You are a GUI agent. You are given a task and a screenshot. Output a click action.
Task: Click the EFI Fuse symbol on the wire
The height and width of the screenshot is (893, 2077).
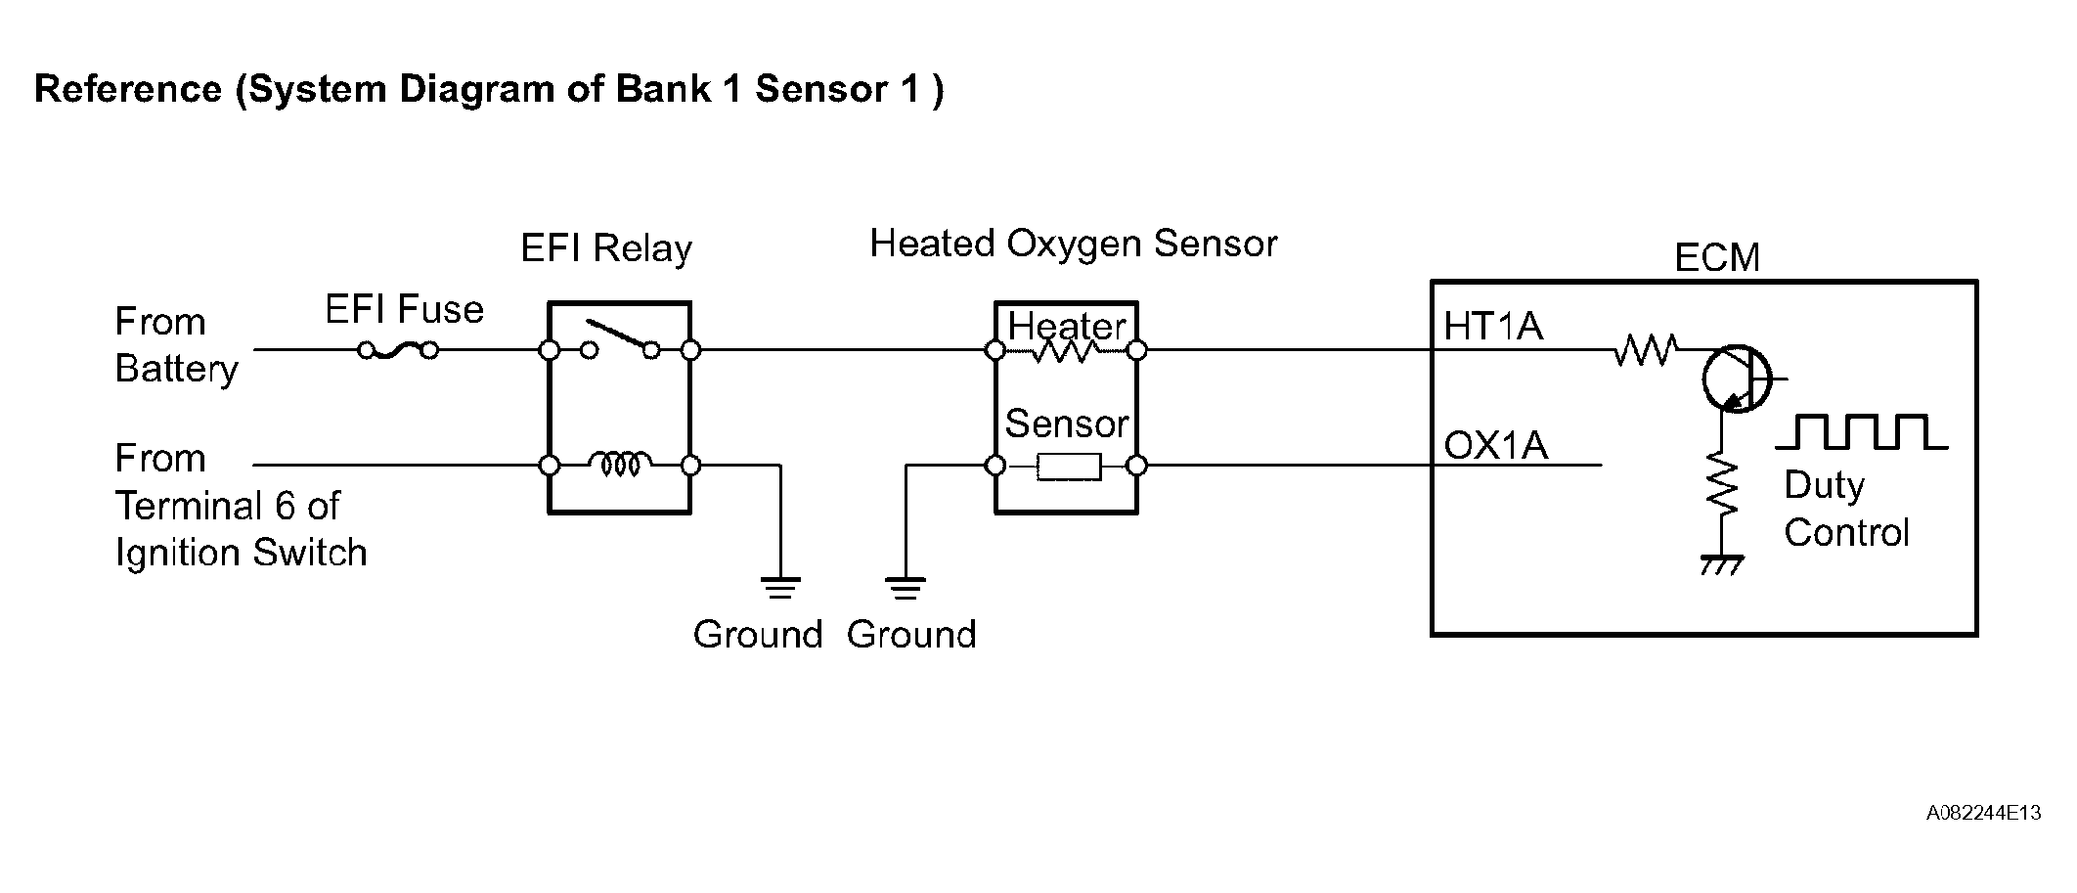397,350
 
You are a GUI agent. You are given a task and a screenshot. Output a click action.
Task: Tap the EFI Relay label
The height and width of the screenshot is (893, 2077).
606,248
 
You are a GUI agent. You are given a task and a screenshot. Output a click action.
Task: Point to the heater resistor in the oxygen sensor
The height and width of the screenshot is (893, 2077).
1065,350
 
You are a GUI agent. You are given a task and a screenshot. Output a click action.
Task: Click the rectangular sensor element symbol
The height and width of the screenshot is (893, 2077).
1069,467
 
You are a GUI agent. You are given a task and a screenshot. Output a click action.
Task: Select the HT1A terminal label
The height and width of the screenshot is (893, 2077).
1493,327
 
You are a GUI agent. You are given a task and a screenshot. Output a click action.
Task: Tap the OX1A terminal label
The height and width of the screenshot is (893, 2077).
1496,446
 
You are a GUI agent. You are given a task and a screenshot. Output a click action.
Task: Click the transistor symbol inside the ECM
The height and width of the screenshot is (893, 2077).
1736,379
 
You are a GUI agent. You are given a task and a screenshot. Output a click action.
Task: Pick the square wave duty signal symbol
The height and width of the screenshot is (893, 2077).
1861,432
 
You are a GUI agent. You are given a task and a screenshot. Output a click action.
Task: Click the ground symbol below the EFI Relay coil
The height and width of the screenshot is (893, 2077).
779,587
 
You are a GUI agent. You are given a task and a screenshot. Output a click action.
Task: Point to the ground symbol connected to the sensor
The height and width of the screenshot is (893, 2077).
906,587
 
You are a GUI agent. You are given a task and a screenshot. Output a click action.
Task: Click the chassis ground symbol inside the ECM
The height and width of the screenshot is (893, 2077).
1721,564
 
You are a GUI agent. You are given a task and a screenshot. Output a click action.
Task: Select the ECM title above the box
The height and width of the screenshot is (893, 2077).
1717,257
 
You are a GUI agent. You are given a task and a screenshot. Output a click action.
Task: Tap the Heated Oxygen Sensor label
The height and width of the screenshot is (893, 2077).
1073,244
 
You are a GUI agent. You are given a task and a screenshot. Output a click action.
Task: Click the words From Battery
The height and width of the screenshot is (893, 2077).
176,345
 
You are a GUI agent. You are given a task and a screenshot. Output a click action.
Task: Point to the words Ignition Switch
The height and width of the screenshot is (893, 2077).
241,553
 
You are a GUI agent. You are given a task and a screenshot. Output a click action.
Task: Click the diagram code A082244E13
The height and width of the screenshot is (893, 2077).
1983,813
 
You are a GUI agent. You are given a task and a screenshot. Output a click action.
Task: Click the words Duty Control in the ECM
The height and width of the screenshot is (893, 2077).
1845,509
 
